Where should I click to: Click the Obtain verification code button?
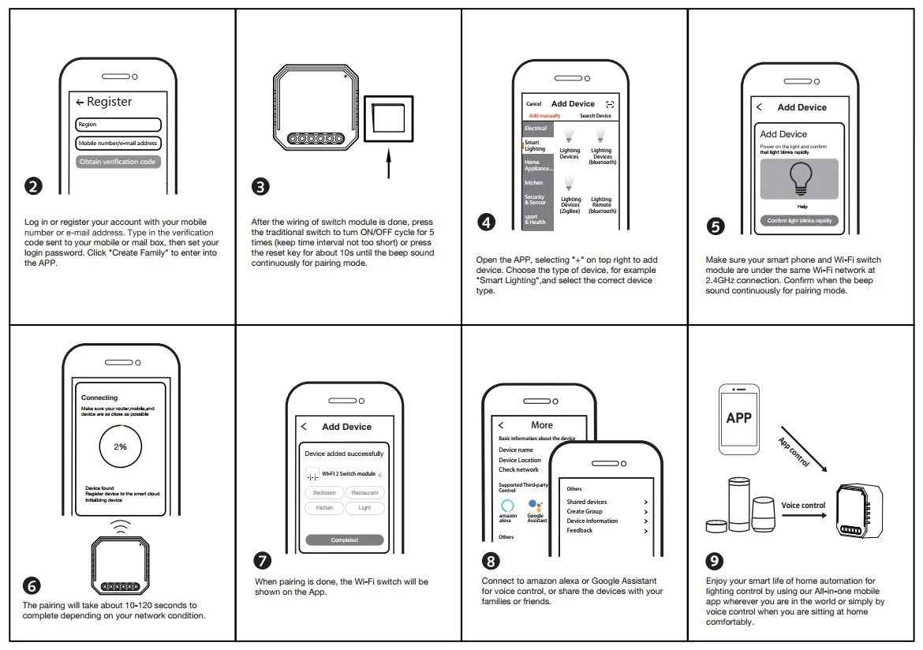[118, 162]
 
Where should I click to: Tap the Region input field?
[118, 125]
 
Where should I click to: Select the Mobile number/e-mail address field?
[118, 144]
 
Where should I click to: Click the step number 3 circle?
[260, 187]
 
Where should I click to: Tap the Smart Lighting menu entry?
[537, 146]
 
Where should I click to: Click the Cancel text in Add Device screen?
[534, 104]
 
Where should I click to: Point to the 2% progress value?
[120, 446]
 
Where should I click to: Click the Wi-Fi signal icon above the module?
[120, 525]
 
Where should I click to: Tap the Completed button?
[345, 540]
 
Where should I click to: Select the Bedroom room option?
[324, 493]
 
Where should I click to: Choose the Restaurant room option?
[364, 493]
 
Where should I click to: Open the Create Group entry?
[585, 511]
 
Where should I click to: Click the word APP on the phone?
[739, 418]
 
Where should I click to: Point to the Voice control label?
[803, 506]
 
